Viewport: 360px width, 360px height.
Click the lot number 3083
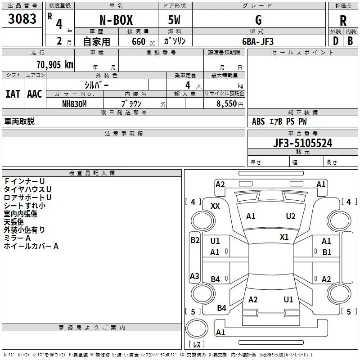click(22, 19)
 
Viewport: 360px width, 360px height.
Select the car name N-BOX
click(116, 20)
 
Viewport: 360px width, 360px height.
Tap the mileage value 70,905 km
click(55, 65)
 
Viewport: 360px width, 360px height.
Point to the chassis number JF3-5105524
click(302, 143)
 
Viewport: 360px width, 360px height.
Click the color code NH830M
click(74, 104)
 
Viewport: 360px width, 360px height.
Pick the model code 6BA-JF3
click(258, 41)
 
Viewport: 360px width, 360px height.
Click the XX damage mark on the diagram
click(215, 206)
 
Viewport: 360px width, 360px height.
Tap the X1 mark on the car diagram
click(284, 237)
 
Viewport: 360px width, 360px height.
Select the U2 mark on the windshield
click(290, 216)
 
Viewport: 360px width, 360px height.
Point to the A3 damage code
click(194, 276)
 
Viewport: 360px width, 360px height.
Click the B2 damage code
click(195, 240)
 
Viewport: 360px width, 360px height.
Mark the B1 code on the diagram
click(327, 252)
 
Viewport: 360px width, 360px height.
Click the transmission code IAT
click(13, 94)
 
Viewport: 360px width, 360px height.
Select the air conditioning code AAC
click(35, 94)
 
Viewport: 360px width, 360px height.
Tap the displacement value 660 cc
click(143, 41)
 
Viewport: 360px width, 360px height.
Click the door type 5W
click(174, 20)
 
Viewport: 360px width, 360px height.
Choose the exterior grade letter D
click(336, 41)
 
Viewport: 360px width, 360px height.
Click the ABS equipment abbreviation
click(258, 121)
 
